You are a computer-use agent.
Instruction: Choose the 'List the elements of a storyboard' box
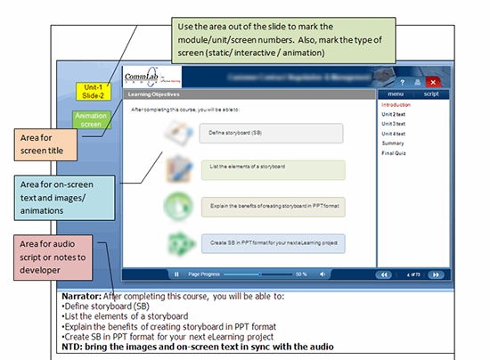coord(267,169)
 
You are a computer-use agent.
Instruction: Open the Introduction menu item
coord(396,105)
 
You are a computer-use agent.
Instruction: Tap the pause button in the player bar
coord(176,274)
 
